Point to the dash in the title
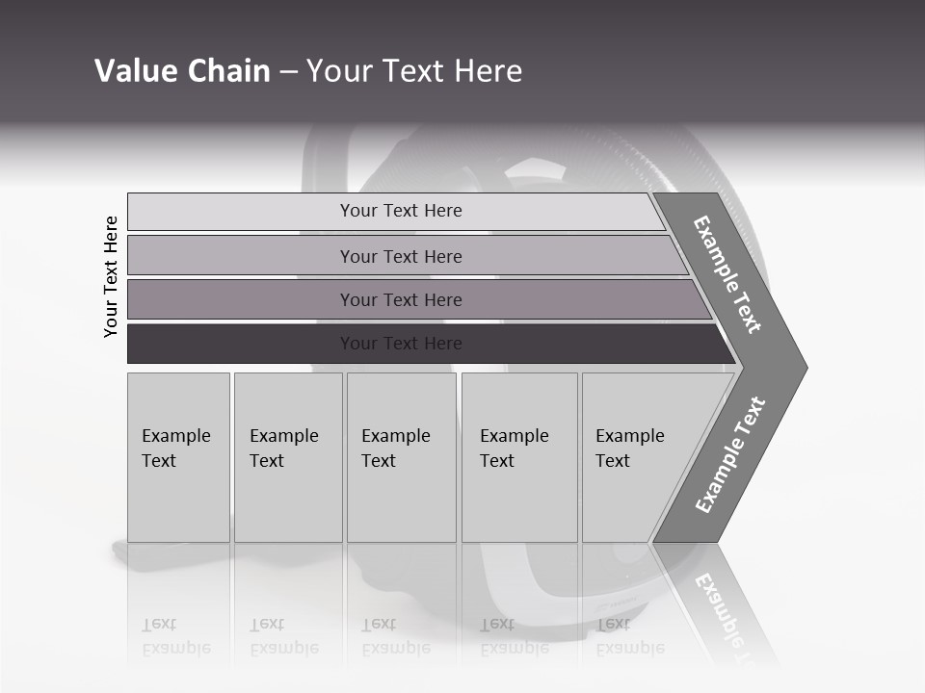tap(288, 72)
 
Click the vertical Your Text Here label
tap(111, 276)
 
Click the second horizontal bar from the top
tap(401, 256)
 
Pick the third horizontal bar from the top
tap(401, 299)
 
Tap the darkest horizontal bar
tap(401, 344)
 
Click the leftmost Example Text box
tap(178, 456)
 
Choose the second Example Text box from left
tap(288, 456)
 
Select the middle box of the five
tap(401, 456)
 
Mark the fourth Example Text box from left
tap(519, 456)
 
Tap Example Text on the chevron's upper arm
tap(727, 274)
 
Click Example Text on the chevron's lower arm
tap(729, 455)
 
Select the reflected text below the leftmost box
tap(176, 636)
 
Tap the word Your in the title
tap(341, 71)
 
